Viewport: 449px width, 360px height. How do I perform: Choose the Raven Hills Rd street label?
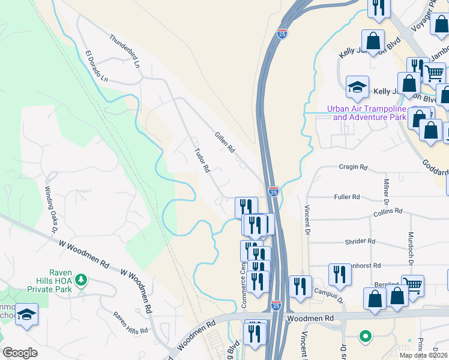(130, 323)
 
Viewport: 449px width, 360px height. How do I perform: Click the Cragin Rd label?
(352, 167)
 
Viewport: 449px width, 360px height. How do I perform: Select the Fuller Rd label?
(346, 197)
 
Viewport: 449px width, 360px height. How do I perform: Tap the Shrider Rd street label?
(360, 241)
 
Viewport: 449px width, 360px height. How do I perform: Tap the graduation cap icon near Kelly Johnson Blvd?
(357, 87)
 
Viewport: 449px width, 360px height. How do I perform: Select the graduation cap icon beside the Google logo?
(26, 314)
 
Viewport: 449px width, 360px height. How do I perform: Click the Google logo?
(20, 353)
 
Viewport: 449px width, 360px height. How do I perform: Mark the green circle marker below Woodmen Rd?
(364, 336)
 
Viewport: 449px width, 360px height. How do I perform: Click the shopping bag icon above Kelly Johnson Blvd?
(373, 41)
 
